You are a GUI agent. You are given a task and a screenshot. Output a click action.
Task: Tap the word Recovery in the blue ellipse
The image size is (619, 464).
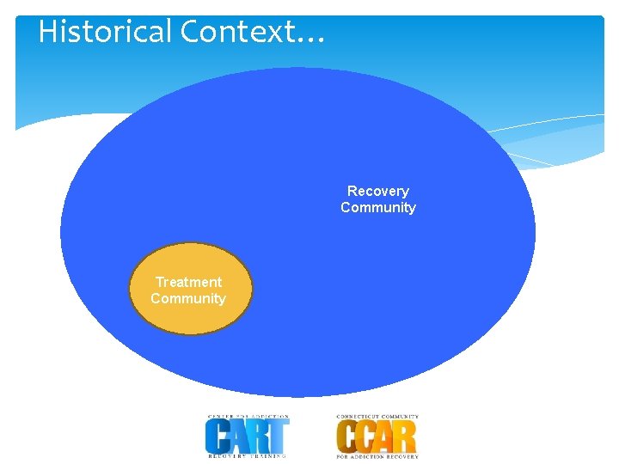pyautogui.click(x=378, y=191)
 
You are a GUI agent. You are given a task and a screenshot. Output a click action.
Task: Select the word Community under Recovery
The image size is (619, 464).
pyautogui.click(x=378, y=207)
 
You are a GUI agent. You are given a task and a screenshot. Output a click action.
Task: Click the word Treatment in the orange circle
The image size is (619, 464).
pyautogui.click(x=188, y=282)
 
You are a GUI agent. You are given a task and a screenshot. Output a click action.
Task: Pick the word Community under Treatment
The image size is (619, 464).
pyautogui.click(x=188, y=298)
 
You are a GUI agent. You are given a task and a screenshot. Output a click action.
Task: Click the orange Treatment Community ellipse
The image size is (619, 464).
pyautogui.click(x=191, y=318)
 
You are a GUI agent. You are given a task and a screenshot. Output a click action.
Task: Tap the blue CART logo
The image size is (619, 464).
pyautogui.click(x=247, y=436)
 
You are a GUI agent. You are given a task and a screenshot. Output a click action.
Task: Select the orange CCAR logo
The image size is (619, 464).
pyautogui.click(x=377, y=436)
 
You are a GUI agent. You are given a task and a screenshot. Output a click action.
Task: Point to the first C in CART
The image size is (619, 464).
pyautogui.click(x=217, y=437)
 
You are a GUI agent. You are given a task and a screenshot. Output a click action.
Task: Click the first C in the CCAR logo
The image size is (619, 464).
pyautogui.click(x=346, y=437)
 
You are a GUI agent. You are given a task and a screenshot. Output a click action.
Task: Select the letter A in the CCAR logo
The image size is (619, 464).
pyautogui.click(x=385, y=437)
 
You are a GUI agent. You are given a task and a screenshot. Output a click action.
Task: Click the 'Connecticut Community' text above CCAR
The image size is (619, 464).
pyautogui.click(x=377, y=418)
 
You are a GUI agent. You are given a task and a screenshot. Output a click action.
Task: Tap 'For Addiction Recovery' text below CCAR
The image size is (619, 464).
pyautogui.click(x=377, y=455)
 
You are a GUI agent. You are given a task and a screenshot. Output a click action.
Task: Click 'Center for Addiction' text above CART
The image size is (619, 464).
pyautogui.click(x=247, y=418)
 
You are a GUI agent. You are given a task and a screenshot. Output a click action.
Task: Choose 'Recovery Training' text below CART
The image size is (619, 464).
pyautogui.click(x=247, y=455)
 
